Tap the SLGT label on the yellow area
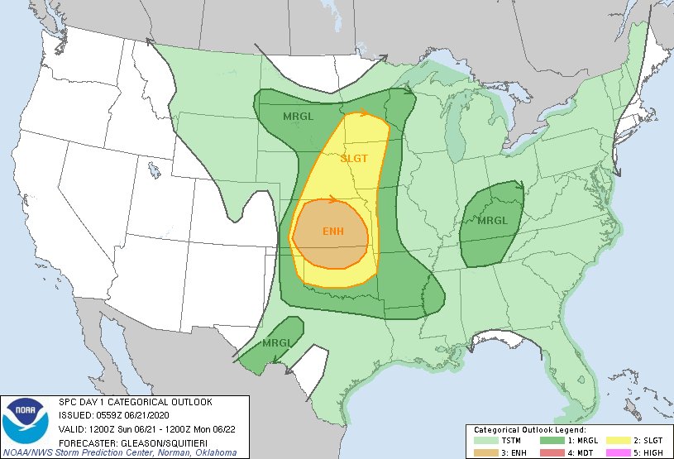(354, 158)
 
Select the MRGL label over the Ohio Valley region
(493, 221)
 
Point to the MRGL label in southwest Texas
(275, 342)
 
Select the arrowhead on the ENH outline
(332, 199)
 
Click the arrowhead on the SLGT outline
(366, 113)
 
